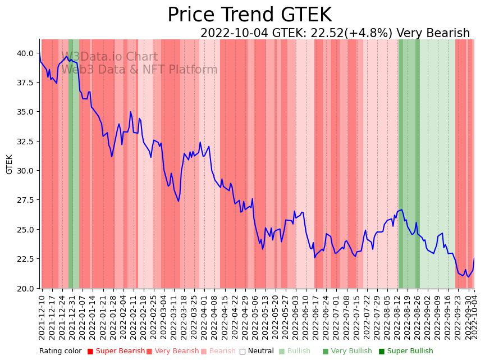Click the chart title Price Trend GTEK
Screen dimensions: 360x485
249,15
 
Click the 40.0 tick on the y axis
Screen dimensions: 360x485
25,53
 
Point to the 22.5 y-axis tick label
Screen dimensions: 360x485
25,259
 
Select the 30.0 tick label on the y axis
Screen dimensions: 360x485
25,171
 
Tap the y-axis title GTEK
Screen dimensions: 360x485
10,164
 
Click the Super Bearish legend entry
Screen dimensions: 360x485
116,352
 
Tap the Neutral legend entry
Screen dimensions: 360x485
257,352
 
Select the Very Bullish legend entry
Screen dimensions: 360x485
347,352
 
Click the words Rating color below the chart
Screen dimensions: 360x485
60,352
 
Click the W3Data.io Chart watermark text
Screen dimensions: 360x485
109,57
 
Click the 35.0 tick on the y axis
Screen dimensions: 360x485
25,112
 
